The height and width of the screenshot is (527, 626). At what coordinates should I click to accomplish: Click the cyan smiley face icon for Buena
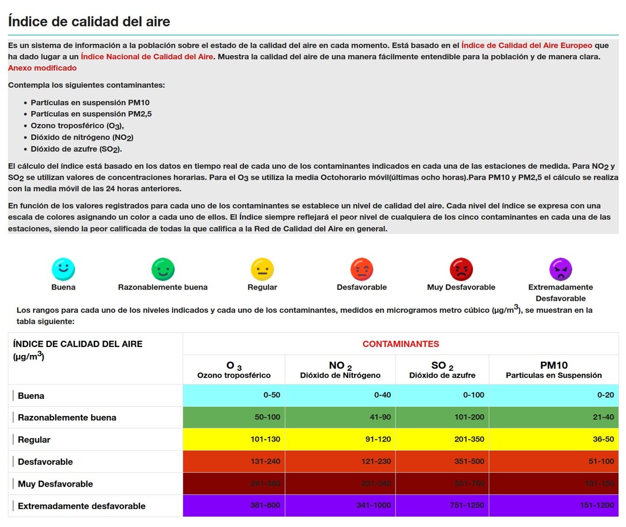coord(63,269)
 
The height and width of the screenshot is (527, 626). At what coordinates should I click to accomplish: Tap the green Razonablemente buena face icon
coord(163,269)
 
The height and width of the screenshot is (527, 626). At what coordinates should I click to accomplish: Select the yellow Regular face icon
coord(262,269)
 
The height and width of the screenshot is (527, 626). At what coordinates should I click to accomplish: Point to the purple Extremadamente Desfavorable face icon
coord(561,269)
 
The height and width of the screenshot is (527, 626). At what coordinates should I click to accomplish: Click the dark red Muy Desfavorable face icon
coord(461,269)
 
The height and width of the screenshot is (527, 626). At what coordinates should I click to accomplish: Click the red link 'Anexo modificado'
coord(42,68)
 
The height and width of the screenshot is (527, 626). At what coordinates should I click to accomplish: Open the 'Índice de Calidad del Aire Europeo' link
coord(527,45)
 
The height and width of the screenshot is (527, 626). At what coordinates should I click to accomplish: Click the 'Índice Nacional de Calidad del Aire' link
coord(147,56)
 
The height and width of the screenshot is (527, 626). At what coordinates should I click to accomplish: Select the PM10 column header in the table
coord(554,369)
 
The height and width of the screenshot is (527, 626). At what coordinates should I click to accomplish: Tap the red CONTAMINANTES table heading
coord(401,344)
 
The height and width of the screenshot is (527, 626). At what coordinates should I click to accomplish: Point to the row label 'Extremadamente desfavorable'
coord(81,506)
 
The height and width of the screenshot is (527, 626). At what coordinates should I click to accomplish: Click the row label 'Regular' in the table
coord(34,439)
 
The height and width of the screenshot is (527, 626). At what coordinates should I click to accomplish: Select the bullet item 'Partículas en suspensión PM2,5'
coord(91,114)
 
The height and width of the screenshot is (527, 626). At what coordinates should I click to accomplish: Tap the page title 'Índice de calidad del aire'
coord(89,22)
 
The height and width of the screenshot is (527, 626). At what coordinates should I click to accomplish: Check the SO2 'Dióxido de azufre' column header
coord(442,369)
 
